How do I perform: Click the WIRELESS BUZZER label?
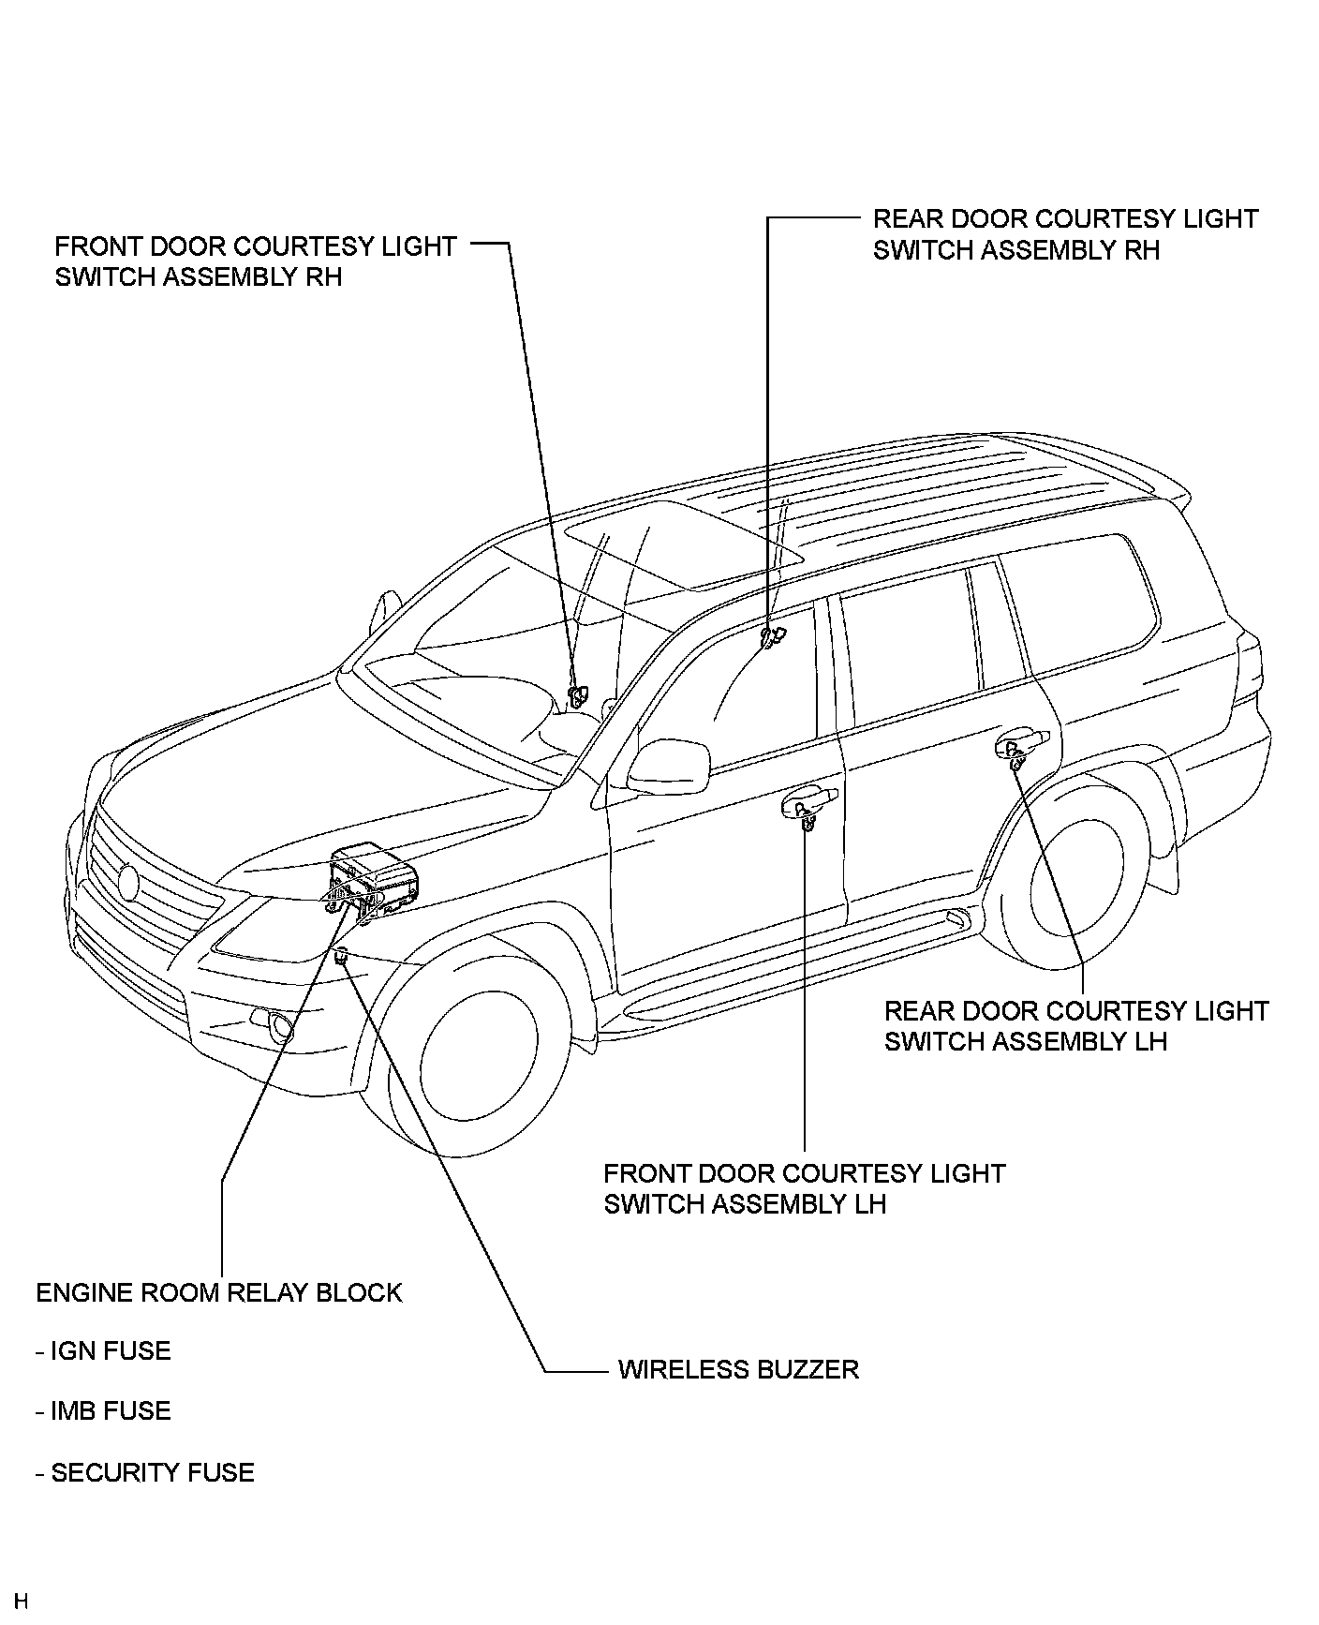(x=738, y=1369)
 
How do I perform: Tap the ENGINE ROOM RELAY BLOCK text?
(x=218, y=1292)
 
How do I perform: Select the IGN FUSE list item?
(x=104, y=1350)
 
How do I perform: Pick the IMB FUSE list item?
(x=104, y=1410)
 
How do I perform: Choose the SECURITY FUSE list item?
(x=145, y=1472)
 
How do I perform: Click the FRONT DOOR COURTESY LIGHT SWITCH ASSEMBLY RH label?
(x=255, y=261)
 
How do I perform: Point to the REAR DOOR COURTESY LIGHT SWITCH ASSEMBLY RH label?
(x=1064, y=234)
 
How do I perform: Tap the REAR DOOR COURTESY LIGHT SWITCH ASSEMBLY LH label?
(x=1075, y=1026)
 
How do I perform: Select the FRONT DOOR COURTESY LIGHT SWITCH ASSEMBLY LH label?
(x=804, y=1188)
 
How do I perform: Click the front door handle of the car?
(x=808, y=802)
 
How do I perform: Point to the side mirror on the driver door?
(x=666, y=765)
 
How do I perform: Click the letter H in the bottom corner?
(x=21, y=1601)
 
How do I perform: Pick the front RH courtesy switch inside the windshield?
(x=576, y=694)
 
